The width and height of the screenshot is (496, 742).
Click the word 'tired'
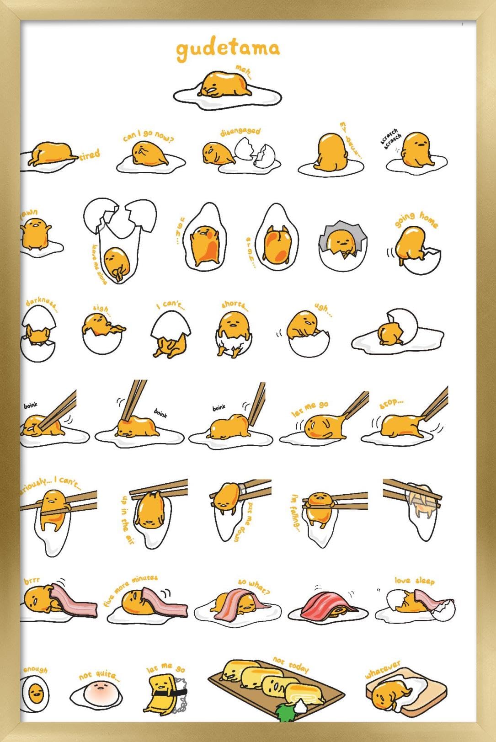[x=90, y=155]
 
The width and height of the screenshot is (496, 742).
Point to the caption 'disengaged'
[x=240, y=132]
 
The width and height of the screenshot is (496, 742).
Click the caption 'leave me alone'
[x=99, y=264]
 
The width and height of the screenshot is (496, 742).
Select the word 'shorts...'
[x=235, y=304]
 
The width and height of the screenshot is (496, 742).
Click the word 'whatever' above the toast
[x=383, y=669]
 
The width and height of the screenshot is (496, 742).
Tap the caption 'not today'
[x=291, y=664]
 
